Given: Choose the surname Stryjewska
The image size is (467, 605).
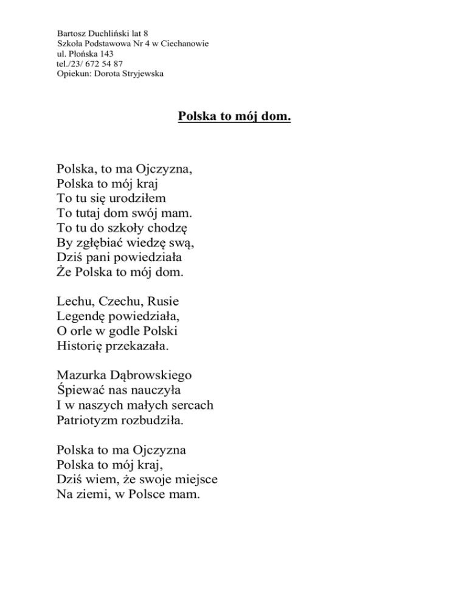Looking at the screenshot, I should (137, 73).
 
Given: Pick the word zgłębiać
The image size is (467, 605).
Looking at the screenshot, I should (106, 243).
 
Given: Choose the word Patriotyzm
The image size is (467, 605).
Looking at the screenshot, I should (89, 420).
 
